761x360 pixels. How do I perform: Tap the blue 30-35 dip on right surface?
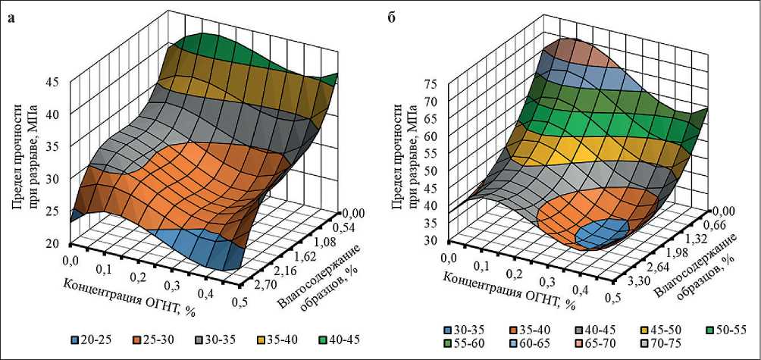click(x=602, y=233)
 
